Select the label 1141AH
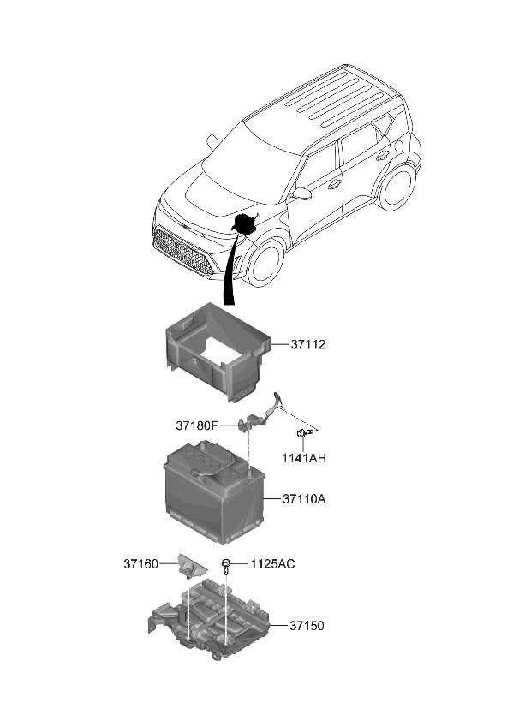[x=305, y=459]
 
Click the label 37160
[x=140, y=564]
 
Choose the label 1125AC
[x=273, y=564]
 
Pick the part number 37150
[x=307, y=626]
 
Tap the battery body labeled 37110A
[x=214, y=492]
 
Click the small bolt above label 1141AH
[x=301, y=436]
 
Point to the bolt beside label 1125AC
[x=227, y=564]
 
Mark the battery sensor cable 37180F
[x=257, y=415]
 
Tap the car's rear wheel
[x=397, y=186]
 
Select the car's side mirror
[x=301, y=195]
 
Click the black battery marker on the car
[x=245, y=224]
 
